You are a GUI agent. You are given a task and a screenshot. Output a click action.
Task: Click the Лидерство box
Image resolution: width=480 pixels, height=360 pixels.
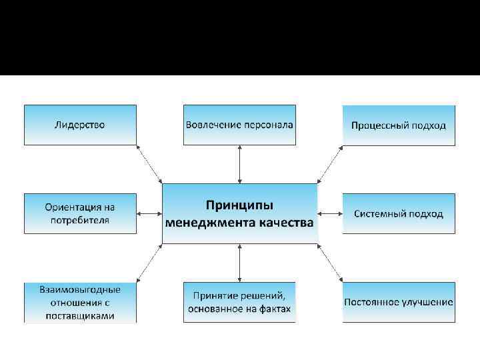click(80, 125)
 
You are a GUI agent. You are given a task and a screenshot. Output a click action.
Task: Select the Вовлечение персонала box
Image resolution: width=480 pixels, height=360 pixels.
click(239, 125)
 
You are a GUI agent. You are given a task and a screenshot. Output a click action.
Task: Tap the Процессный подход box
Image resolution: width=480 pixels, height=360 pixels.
click(399, 125)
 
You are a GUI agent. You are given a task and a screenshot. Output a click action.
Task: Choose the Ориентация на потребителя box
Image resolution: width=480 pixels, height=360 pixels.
click(80, 213)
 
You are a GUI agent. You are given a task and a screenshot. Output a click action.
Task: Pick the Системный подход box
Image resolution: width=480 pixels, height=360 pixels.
click(399, 213)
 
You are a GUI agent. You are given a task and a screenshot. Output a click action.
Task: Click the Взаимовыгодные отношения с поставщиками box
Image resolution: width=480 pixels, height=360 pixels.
click(80, 303)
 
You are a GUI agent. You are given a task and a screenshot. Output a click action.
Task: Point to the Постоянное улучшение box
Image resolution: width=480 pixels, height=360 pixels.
click(399, 302)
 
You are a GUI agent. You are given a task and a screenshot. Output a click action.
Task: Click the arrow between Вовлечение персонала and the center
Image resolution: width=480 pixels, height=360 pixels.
click(239, 163)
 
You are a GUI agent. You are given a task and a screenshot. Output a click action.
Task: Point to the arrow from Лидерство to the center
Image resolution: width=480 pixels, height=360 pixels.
click(149, 164)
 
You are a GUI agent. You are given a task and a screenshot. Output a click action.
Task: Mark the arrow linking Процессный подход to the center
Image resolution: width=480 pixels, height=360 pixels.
click(330, 164)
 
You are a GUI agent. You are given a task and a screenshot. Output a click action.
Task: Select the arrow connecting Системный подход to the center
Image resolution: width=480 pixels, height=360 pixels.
click(330, 214)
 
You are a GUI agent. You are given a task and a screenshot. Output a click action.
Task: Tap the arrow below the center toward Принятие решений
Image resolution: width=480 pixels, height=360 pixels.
click(239, 263)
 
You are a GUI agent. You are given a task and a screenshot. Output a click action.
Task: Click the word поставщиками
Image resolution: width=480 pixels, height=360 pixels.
click(80, 315)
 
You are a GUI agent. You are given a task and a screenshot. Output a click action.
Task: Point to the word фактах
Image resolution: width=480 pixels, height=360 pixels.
click(275, 309)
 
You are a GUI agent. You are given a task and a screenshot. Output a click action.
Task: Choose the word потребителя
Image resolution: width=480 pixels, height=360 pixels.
click(80, 220)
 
